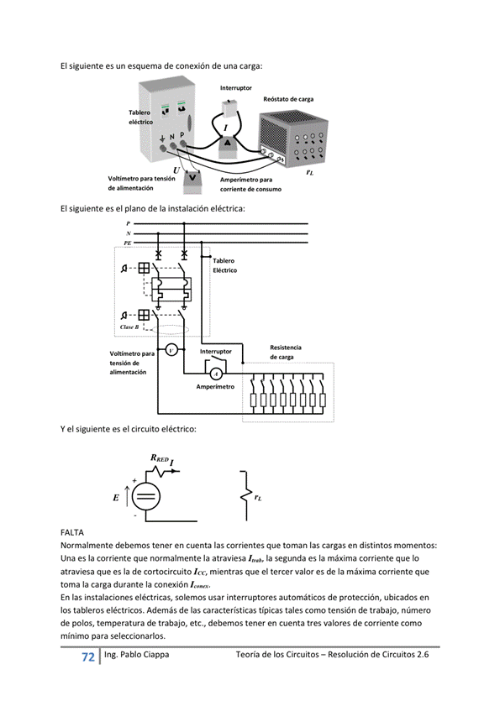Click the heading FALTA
coord(73,532)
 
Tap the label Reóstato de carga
coord(288,99)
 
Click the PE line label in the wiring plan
coord(128,241)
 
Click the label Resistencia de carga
coord(286,352)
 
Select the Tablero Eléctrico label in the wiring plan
coord(224,265)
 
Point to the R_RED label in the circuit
coord(160,458)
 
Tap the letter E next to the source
coord(115,497)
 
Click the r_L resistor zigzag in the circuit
coord(245,496)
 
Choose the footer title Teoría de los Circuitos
coord(333,654)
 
